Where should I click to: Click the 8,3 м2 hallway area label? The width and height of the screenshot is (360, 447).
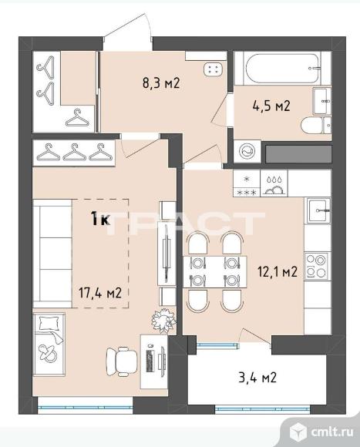[161, 83]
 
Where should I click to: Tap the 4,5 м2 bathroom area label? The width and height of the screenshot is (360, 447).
[271, 106]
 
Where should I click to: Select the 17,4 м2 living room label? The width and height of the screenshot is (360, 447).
[100, 293]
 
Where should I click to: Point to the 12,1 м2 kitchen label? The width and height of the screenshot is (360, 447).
[278, 271]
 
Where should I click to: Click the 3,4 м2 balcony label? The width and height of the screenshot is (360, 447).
[257, 378]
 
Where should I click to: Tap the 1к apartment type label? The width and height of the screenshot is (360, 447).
[100, 219]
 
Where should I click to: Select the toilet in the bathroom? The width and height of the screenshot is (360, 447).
[316, 126]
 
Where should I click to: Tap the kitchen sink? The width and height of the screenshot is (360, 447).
[318, 210]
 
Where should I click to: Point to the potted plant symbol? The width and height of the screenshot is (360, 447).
[163, 320]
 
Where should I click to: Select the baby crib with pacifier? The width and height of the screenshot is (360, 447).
[49, 344]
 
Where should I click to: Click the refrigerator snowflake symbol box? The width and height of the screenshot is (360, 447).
[247, 183]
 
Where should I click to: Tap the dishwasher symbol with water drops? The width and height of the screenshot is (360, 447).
[274, 183]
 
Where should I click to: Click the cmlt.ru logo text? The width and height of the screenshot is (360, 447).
[332, 432]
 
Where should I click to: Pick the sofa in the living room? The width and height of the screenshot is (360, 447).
[52, 254]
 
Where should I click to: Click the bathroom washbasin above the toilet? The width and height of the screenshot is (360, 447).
[322, 101]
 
